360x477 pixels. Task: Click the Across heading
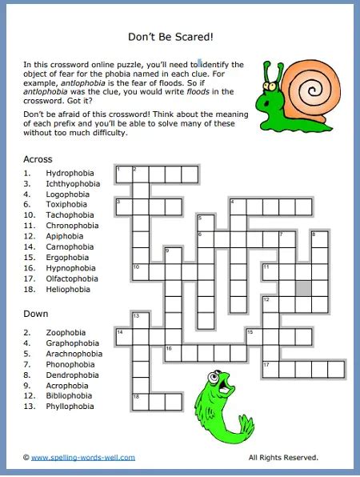[x=38, y=159]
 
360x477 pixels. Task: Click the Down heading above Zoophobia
[x=37, y=314]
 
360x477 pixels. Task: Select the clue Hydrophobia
[x=70, y=173]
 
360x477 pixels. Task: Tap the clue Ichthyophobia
[x=73, y=183]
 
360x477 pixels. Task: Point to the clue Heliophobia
[x=68, y=289]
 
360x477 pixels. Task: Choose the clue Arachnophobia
[x=74, y=354]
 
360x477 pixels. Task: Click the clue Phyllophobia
[x=70, y=407]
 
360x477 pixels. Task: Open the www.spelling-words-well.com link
[x=83, y=458]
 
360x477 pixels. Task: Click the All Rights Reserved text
[x=283, y=458]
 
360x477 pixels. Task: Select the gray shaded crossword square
[x=303, y=287]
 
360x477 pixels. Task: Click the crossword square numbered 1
[x=124, y=174]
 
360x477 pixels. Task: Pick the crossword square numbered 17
[x=270, y=369]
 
